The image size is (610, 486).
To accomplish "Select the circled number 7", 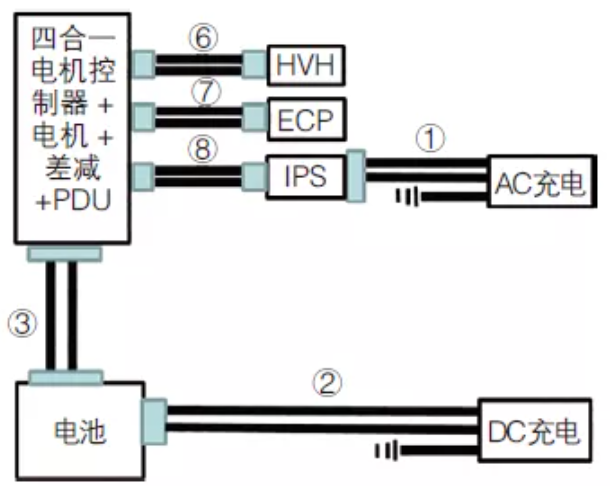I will point(204,91).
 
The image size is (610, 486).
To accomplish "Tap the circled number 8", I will point(204,148).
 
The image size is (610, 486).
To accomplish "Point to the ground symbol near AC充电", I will point(406,196).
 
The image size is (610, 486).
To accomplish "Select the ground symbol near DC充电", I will point(386,451).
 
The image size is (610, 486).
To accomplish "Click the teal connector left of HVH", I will point(255,65).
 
